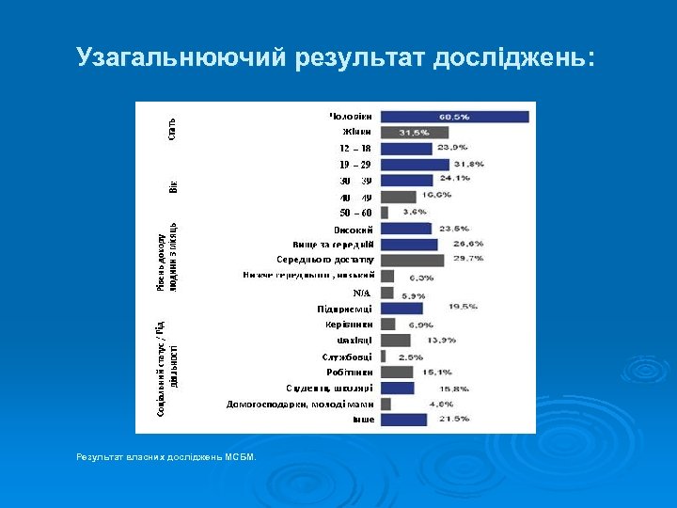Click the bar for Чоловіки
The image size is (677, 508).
pos(454,117)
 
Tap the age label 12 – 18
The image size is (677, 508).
pos(354,149)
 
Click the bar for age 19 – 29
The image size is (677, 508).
pos(415,165)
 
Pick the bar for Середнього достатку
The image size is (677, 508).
pos(412,261)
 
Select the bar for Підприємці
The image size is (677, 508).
pos(401,309)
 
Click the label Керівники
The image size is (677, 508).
pos(347,325)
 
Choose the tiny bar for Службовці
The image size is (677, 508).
pos(384,357)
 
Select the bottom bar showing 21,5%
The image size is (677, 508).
pos(403,420)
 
